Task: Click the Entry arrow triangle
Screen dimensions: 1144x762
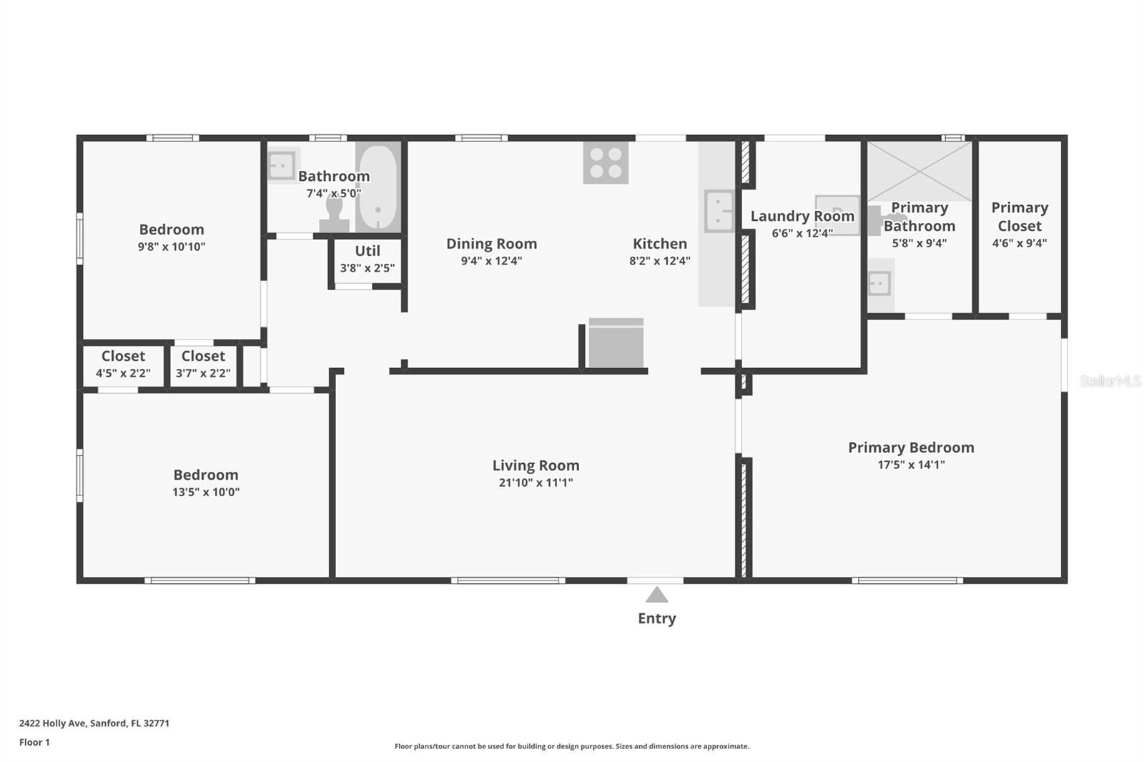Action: click(656, 595)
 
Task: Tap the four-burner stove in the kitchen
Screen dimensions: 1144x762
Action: click(606, 162)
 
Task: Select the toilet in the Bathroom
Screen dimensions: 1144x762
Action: click(335, 215)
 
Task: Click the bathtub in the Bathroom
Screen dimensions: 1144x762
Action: click(378, 187)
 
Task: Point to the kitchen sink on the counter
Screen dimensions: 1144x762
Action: click(719, 211)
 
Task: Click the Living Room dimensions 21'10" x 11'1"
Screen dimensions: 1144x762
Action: click(536, 483)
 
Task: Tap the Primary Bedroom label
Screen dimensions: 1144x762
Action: click(911, 447)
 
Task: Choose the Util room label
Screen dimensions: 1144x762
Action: click(368, 251)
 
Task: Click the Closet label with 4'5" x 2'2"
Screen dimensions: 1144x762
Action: click(123, 356)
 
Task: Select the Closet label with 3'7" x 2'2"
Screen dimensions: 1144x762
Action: click(203, 356)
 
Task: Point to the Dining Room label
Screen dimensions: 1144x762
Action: click(491, 244)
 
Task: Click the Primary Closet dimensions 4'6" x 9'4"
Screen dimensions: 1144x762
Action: click(1020, 243)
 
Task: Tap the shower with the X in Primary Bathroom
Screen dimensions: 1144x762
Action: click(919, 171)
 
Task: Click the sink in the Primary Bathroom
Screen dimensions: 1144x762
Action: click(880, 284)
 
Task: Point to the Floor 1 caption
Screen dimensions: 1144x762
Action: click(34, 743)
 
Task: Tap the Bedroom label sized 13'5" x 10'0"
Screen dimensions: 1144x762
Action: click(206, 475)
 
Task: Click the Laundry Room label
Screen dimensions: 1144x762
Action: click(802, 216)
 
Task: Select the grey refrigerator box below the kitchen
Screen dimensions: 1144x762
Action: click(616, 342)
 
